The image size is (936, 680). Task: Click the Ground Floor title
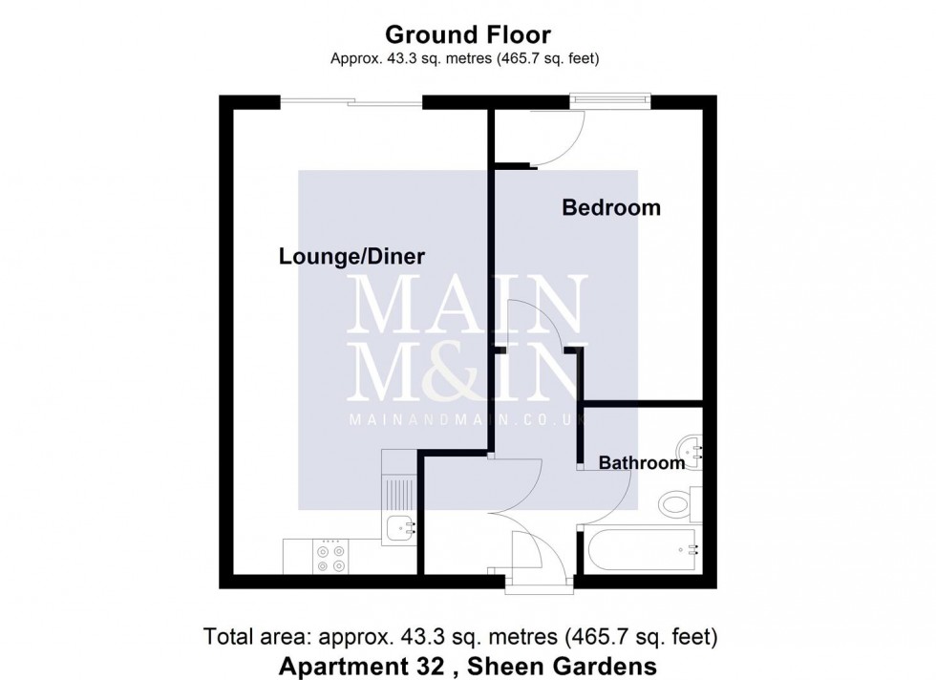pos(467,35)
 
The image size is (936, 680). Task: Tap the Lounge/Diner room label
pos(351,257)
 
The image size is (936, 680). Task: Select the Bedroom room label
pos(610,207)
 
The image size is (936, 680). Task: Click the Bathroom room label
pos(641,463)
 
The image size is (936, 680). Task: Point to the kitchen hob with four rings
pos(331,557)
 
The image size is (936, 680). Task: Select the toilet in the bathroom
pos(679,503)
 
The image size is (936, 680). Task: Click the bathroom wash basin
pos(690,446)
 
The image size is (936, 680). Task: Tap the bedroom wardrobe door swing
pos(554,143)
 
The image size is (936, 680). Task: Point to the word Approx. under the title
pos(352,59)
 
